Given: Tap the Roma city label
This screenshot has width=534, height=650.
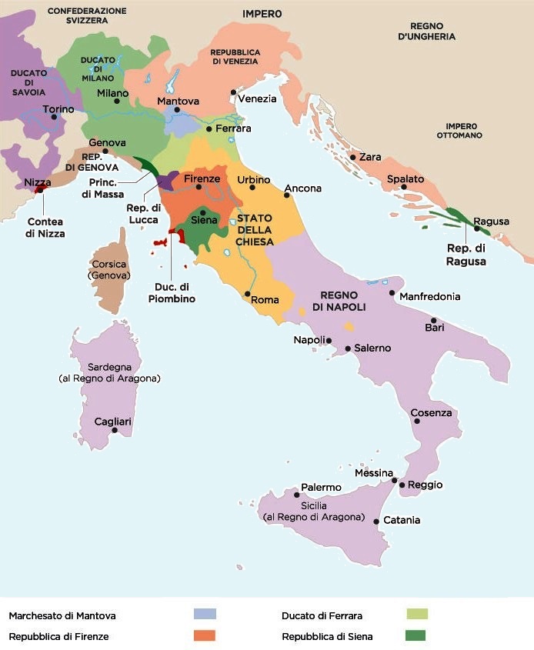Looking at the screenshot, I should (x=264, y=300).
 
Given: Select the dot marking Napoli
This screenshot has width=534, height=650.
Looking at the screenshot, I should (x=329, y=341).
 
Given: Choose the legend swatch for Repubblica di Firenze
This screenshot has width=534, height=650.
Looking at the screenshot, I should (x=204, y=635).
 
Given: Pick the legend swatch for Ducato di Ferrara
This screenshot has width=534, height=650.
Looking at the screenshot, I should (x=416, y=614).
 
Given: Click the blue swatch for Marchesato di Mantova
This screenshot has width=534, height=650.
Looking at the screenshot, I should (x=204, y=614).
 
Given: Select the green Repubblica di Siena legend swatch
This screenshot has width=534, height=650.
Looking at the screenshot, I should (x=416, y=635).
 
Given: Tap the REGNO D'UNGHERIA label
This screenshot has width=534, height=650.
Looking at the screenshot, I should (x=427, y=32).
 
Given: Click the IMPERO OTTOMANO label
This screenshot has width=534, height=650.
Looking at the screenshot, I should (x=460, y=131).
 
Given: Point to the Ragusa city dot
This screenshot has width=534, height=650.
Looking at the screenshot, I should (x=477, y=228).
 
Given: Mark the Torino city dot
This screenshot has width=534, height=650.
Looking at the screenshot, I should (x=54, y=117).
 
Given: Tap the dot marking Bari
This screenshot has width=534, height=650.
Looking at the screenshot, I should (x=433, y=321).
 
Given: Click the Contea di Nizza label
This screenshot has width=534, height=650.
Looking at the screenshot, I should (x=45, y=228).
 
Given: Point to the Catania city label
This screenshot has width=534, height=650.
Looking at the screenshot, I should (x=402, y=520).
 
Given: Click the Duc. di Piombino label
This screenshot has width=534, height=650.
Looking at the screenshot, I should (x=172, y=293).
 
